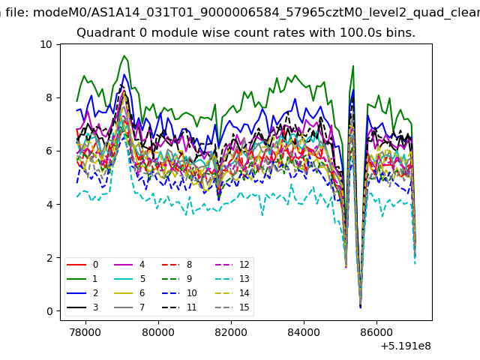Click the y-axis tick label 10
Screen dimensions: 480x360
(46, 45)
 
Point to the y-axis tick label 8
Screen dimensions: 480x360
(49, 98)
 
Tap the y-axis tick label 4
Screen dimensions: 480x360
(49, 205)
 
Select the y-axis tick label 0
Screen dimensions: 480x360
(49, 311)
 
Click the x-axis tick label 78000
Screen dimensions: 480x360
(85, 332)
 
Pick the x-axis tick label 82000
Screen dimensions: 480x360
(231, 332)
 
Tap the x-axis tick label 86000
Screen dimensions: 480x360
(376, 332)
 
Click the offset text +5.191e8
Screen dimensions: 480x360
(406, 346)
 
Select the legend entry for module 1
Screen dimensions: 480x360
(82, 279)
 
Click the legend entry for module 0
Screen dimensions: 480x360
(82, 265)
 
